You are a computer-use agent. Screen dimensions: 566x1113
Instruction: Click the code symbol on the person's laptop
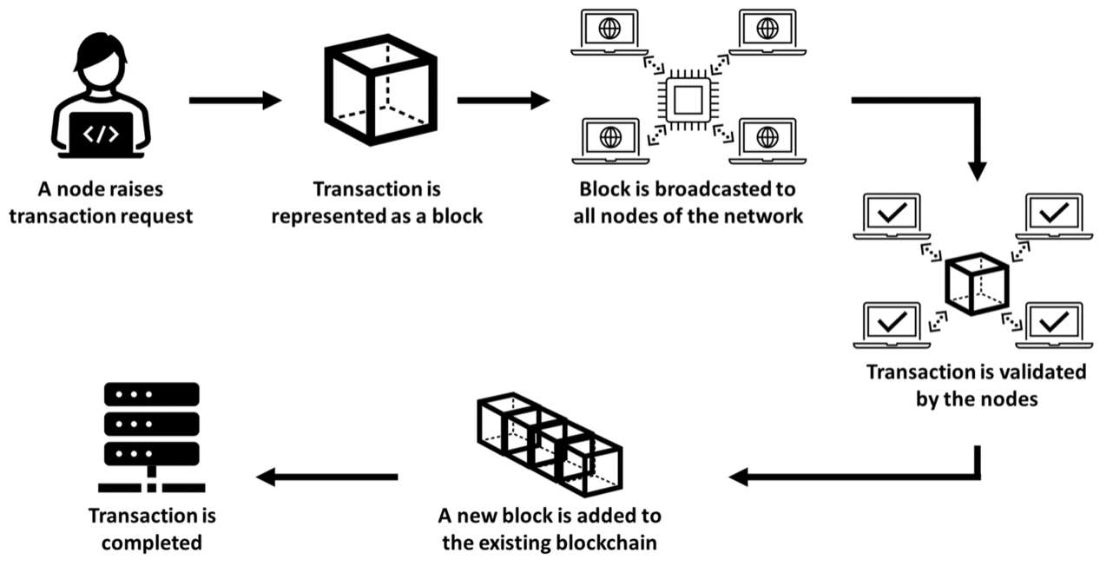click(101, 134)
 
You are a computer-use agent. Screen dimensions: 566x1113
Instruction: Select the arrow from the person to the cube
click(234, 101)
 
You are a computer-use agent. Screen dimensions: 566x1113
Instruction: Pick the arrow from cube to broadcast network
click(503, 101)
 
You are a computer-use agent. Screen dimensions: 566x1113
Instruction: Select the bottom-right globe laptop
click(767, 140)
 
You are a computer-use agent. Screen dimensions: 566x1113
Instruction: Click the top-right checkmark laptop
click(1053, 214)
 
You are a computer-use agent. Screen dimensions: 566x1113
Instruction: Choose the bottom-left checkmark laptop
click(891, 323)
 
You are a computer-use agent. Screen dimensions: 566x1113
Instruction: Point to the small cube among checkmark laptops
click(976, 282)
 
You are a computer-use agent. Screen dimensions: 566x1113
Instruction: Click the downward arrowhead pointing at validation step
click(978, 168)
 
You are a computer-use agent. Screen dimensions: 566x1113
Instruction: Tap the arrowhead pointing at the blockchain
click(740, 476)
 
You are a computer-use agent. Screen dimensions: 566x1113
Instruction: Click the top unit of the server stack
click(152, 394)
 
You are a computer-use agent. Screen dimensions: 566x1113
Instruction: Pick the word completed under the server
click(152, 543)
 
